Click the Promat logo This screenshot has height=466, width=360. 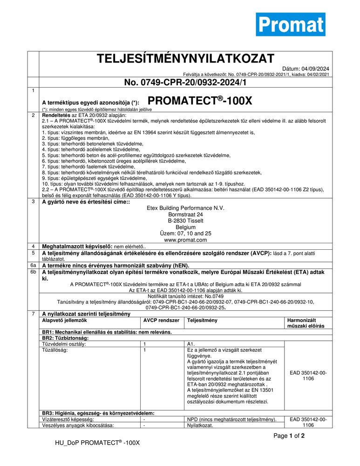coord(291,24)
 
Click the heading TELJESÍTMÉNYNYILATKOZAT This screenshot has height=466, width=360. coord(185,59)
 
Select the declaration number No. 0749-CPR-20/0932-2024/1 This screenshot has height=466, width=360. coord(185,82)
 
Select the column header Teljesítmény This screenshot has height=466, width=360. coord(202,321)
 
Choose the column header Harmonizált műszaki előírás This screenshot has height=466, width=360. coord(307,323)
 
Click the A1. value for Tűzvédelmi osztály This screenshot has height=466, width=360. coord(191,344)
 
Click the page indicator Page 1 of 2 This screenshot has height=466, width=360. coord(289,436)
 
